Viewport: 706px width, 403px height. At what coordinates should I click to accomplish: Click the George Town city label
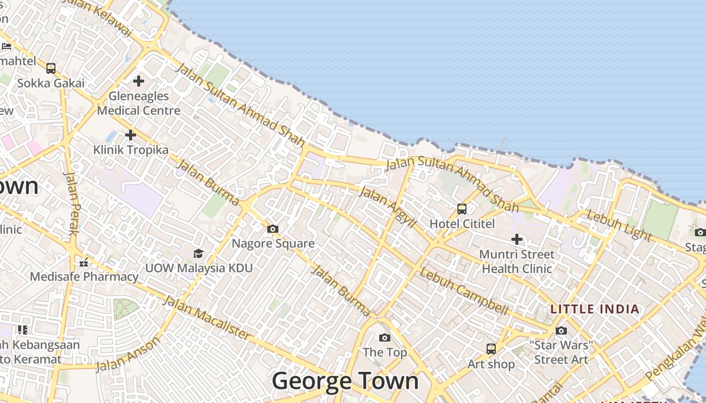click(x=345, y=380)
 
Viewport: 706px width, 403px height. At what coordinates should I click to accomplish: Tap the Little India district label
click(x=595, y=309)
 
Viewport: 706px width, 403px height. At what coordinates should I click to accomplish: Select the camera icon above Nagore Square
click(x=273, y=229)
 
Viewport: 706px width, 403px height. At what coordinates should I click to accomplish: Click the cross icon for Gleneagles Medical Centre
click(x=139, y=81)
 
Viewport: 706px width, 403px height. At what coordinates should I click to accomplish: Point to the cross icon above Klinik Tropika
click(x=131, y=135)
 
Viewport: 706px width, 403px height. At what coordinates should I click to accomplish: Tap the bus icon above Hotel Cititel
click(x=461, y=209)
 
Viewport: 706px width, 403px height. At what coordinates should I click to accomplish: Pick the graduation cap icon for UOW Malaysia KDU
click(x=198, y=253)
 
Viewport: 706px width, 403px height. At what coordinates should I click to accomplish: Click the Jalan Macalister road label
click(x=207, y=318)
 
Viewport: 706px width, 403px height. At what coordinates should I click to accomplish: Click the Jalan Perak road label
click(x=73, y=204)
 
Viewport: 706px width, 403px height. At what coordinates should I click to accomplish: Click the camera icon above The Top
click(x=385, y=338)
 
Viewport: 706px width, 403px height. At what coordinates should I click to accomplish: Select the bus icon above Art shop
click(x=491, y=349)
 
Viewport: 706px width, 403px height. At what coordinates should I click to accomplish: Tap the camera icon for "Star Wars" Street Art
click(x=561, y=331)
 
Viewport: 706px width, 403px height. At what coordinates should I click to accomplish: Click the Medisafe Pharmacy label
click(x=84, y=277)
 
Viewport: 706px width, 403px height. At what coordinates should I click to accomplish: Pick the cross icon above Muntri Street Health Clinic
click(x=516, y=239)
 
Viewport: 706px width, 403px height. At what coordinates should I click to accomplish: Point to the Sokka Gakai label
click(x=51, y=83)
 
